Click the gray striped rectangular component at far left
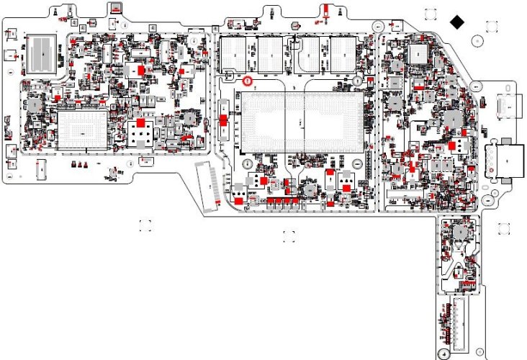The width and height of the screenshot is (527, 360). (42, 52)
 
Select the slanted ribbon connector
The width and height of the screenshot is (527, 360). (209, 186)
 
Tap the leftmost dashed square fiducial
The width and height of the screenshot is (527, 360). (145, 225)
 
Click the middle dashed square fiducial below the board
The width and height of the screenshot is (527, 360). (289, 235)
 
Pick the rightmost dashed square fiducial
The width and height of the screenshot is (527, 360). (505, 229)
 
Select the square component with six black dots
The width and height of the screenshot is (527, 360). (140, 132)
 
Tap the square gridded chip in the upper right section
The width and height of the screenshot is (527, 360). (418, 54)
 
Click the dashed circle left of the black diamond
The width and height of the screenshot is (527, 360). (431, 15)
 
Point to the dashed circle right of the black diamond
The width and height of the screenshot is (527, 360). (490, 27)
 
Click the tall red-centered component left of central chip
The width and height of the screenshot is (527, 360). (223, 120)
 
